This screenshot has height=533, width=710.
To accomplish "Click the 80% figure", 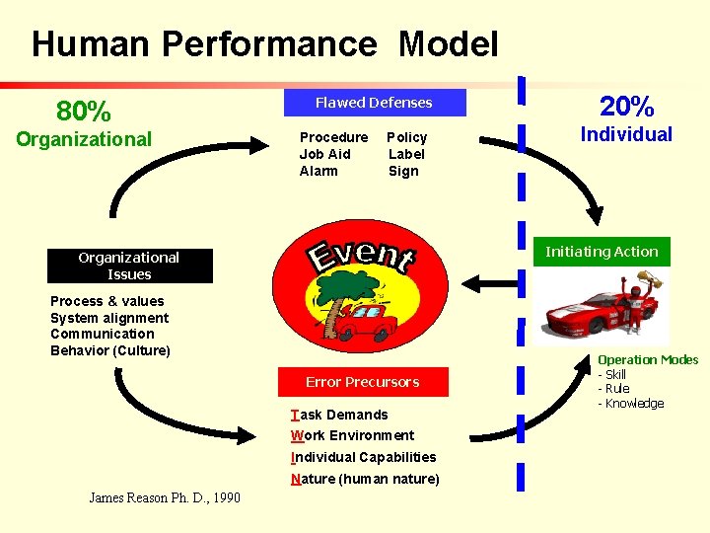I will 84,110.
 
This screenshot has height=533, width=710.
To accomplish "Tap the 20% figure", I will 627,106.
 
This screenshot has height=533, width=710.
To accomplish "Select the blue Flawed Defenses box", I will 374,103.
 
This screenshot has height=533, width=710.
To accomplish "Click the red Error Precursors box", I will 362,382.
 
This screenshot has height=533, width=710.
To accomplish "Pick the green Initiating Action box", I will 602,252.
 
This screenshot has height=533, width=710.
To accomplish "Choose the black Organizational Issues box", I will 129,266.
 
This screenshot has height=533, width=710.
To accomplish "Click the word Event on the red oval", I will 361,256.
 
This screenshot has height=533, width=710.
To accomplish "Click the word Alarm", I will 319,171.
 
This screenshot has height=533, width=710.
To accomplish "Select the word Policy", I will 406,137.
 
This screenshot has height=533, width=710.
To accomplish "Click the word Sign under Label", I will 403,171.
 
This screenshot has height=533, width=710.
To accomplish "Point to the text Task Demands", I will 339,415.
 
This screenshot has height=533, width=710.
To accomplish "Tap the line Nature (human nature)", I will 365,480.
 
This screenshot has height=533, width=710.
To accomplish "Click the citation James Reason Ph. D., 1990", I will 165,498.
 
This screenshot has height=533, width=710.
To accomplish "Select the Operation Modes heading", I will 648,360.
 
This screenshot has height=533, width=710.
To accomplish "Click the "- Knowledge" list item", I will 631,404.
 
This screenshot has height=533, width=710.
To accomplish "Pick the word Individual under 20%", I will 626,134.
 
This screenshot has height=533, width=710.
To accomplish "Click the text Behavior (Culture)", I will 110,350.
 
